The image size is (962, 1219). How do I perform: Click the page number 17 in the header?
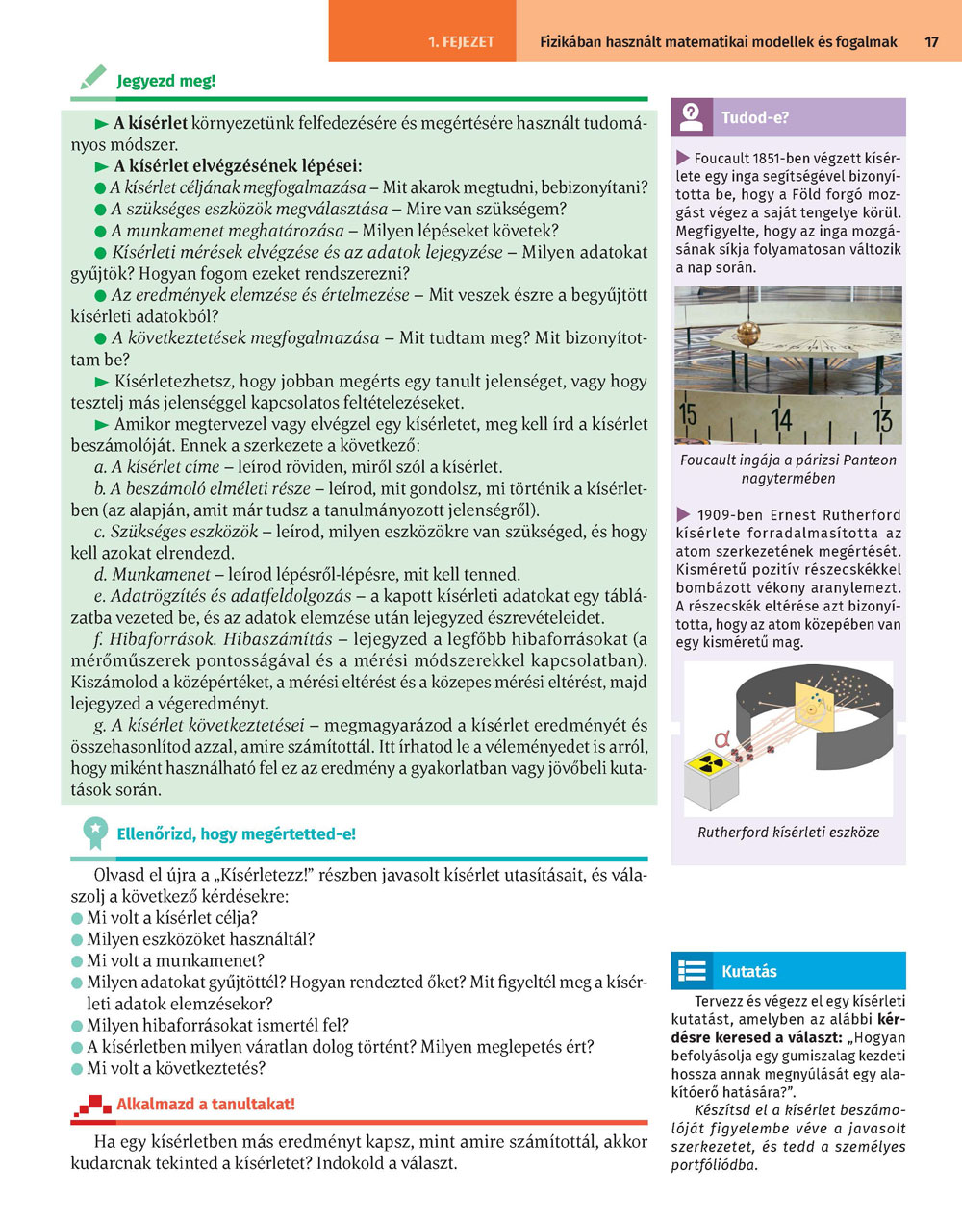click(931, 42)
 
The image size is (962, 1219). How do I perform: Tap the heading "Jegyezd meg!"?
click(165, 81)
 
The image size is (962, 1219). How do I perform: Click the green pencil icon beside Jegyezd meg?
click(92, 78)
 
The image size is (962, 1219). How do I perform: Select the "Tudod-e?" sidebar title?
click(755, 118)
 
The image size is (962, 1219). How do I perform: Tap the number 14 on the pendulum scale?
click(782, 419)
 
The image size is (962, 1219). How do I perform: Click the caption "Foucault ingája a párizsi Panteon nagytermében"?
click(788, 469)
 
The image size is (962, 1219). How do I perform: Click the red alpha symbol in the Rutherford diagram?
click(721, 738)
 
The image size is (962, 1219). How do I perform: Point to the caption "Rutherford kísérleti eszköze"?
click(788, 833)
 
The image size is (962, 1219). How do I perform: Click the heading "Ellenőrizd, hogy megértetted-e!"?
click(236, 834)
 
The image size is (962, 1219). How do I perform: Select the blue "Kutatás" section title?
click(749, 972)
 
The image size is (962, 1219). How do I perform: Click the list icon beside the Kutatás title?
click(692, 971)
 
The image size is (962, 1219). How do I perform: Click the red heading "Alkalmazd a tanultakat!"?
click(206, 1105)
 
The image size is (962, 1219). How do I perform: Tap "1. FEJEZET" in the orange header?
click(461, 42)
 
